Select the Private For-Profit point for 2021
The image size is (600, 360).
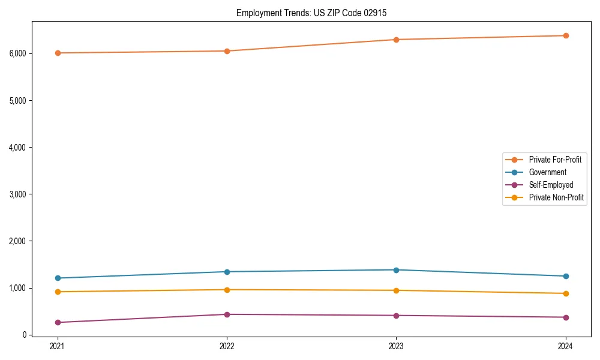(58, 53)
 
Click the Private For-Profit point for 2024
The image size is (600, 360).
(566, 35)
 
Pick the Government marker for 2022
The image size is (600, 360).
(227, 272)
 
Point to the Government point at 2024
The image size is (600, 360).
(566, 276)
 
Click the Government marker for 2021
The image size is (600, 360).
(58, 278)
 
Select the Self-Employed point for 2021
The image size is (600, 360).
(58, 322)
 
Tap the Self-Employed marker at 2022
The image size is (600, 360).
(227, 314)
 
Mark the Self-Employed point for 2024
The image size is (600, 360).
(566, 317)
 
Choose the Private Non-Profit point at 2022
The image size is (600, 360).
(227, 290)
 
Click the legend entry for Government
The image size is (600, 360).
(547, 172)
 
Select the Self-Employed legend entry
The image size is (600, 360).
(551, 185)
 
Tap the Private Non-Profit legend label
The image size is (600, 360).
(556, 197)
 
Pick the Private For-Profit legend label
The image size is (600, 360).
(555, 160)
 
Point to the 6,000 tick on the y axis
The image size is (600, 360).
(18, 53)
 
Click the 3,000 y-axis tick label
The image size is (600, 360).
(18, 194)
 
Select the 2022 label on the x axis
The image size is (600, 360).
(227, 346)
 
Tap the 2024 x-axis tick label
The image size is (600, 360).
(566, 346)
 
